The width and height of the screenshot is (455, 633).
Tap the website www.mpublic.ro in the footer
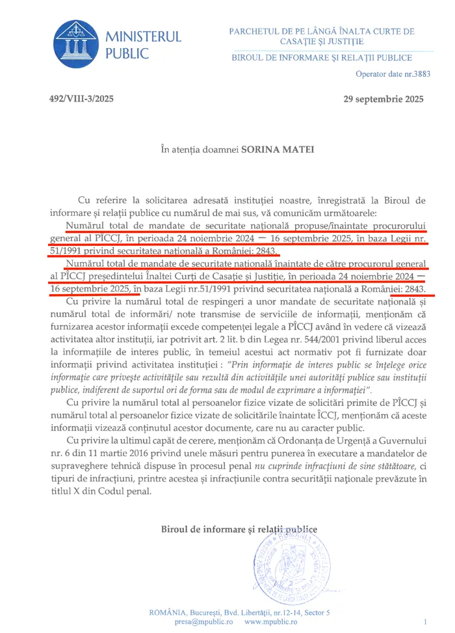271,621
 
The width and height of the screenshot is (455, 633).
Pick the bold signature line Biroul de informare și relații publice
239,529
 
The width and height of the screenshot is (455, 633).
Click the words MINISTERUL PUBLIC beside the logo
143,45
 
